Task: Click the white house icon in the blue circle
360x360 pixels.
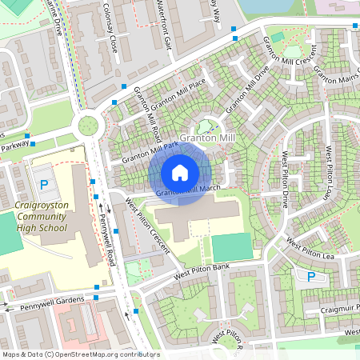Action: pyautogui.click(x=180, y=172)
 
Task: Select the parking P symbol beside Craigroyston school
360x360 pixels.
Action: pyautogui.click(x=44, y=185)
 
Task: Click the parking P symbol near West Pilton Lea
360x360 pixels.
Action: pyautogui.click(x=310, y=277)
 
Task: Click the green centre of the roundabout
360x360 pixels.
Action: pyautogui.click(x=86, y=126)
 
